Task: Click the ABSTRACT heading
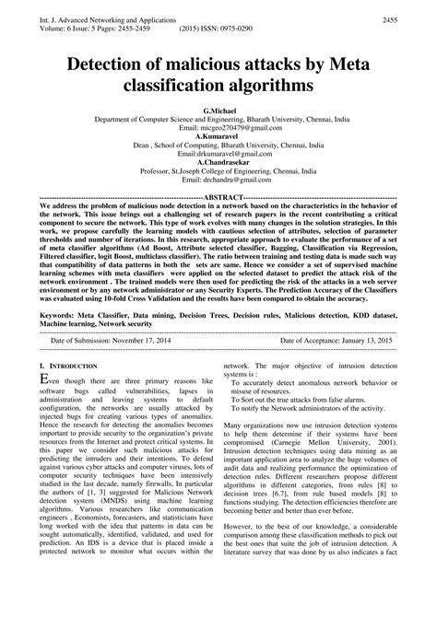coord(218,198)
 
